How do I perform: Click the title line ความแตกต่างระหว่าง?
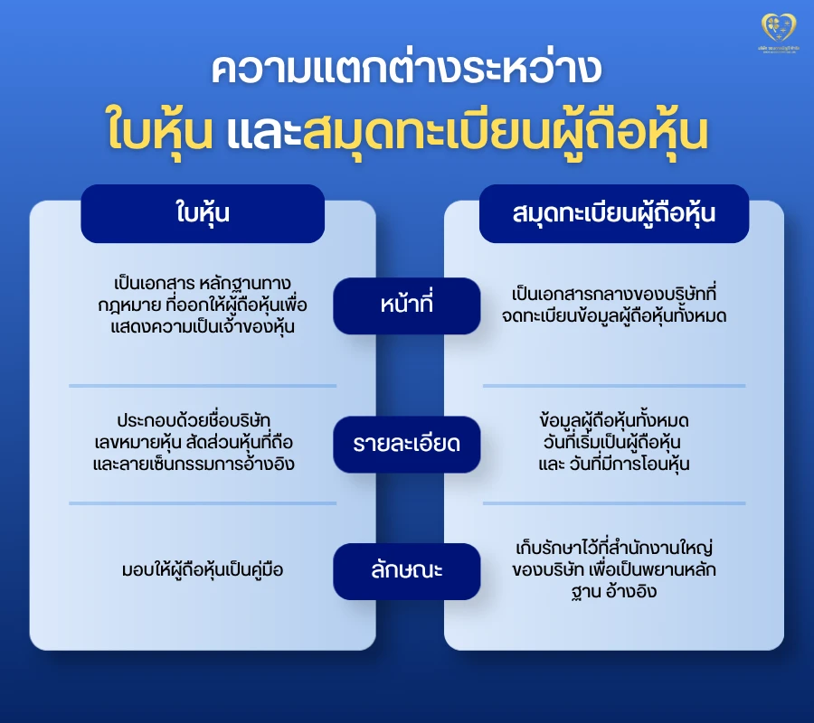pyautogui.click(x=406, y=71)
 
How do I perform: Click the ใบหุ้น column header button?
pyautogui.click(x=203, y=214)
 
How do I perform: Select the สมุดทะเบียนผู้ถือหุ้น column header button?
pyautogui.click(x=614, y=214)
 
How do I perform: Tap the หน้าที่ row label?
pyautogui.click(x=406, y=305)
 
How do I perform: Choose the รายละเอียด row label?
pyautogui.click(x=406, y=445)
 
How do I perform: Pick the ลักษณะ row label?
pyautogui.click(x=406, y=571)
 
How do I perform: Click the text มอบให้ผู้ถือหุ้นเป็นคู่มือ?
pyautogui.click(x=203, y=570)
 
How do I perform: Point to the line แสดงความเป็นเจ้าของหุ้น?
pyautogui.click(x=203, y=325)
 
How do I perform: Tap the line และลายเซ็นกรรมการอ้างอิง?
pyautogui.click(x=203, y=465)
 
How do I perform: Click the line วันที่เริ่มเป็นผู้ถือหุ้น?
pyautogui.click(x=614, y=443)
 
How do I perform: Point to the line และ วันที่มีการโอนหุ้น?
pyautogui.click(x=614, y=465)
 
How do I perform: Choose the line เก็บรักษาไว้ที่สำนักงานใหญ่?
pyautogui.click(x=614, y=548)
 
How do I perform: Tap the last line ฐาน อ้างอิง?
pyautogui.click(x=614, y=592)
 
